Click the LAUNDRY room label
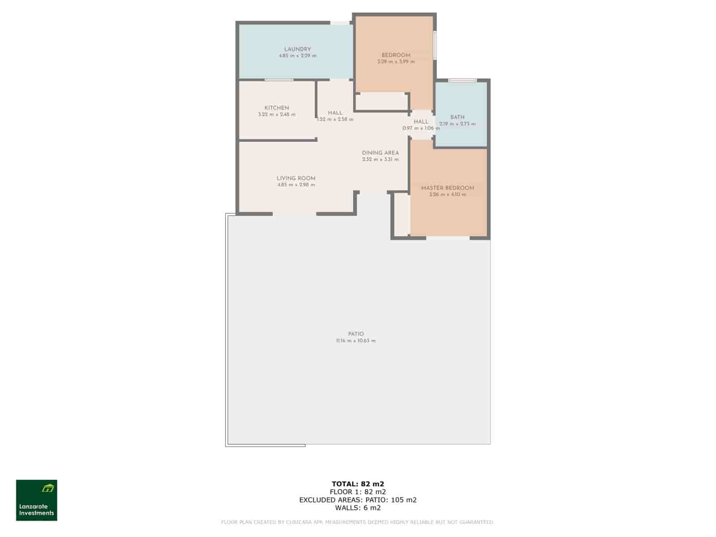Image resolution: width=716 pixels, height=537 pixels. point(297,49)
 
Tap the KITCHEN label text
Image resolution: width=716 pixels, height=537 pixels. point(277,108)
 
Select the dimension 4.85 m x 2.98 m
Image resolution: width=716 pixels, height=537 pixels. point(296,185)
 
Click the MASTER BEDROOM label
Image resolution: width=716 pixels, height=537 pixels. point(447,188)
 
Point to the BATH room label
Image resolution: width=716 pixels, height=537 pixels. point(457,117)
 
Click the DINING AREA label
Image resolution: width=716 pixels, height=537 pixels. point(380,153)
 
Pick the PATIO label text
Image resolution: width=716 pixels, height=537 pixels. point(356,334)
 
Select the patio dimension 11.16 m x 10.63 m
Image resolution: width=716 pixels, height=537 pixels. point(356,341)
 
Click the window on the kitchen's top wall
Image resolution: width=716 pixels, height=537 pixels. point(278,80)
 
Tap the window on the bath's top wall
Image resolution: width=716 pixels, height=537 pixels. point(463,81)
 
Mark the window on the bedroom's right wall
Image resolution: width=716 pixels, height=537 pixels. point(435,44)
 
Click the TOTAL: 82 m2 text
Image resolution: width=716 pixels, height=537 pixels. point(358,484)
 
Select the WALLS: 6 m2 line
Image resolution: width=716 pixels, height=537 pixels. point(358,508)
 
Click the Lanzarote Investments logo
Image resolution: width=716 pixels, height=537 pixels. point(37,500)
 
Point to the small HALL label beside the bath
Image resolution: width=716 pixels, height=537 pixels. point(421,122)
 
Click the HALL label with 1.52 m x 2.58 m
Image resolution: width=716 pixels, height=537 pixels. point(335,113)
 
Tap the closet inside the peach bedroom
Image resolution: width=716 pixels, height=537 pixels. point(382,102)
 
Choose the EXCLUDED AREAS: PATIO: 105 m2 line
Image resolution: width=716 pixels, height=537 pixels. point(358,500)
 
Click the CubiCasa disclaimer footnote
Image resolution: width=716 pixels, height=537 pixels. point(358,522)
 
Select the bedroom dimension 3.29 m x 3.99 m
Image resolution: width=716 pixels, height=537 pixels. point(396,62)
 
